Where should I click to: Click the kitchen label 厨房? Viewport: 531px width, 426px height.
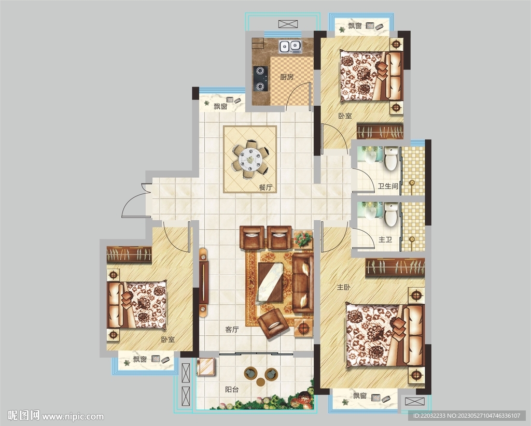tap(286, 77)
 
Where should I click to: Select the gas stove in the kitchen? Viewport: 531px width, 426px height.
tap(260, 78)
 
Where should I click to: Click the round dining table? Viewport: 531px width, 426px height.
tap(250, 158)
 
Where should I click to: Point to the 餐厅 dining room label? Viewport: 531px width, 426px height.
tap(265, 187)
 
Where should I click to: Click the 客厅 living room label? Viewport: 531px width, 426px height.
tap(232, 330)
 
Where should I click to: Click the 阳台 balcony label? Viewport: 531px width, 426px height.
tap(232, 389)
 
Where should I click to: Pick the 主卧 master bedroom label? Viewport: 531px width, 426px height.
tap(343, 287)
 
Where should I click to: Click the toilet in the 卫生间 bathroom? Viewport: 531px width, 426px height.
tap(391, 159)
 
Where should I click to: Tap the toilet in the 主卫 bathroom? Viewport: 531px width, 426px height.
tap(391, 214)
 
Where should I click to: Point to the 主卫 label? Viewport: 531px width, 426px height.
tap(385, 239)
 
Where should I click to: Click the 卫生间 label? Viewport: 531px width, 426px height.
tap(388, 186)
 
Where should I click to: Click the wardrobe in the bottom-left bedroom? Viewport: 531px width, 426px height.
tap(129, 254)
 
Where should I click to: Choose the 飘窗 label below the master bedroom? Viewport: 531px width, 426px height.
tap(360, 395)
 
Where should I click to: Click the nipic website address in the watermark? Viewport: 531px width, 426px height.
tap(73, 416)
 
